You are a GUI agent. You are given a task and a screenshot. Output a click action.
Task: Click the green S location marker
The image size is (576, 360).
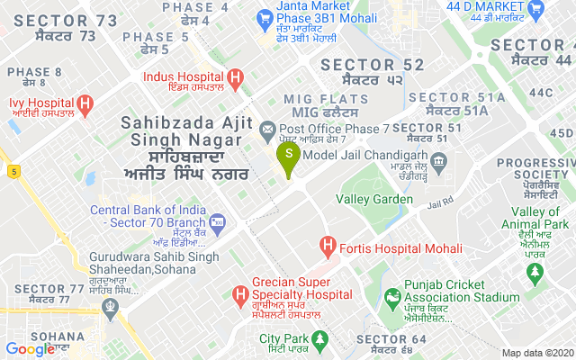288,154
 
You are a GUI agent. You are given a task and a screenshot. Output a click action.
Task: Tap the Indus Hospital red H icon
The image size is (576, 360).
236,79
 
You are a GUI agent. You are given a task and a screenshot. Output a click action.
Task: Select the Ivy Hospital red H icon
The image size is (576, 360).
86,104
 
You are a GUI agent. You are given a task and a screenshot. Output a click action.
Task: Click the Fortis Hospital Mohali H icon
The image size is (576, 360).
328,246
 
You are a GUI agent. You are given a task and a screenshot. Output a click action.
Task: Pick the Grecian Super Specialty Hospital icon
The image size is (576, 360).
240,293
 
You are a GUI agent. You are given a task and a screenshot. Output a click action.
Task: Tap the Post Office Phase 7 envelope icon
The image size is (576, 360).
267,130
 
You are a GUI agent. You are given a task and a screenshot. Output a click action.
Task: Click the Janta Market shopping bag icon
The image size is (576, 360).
264,17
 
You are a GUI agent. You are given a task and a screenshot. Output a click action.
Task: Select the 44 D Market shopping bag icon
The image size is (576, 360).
537,11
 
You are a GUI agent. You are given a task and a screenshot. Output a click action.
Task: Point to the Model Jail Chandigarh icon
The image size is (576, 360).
439,163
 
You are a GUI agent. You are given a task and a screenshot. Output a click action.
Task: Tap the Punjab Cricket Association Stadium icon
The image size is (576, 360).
392,297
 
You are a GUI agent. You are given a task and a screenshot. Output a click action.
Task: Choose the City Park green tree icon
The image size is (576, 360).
322,339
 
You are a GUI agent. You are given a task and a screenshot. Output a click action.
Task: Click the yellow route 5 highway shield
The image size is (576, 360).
14,170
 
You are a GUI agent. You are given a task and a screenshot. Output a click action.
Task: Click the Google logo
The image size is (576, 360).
29,349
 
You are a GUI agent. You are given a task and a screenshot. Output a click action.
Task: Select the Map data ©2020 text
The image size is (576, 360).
536,353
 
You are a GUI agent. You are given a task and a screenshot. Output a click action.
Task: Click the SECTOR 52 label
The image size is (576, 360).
372,65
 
